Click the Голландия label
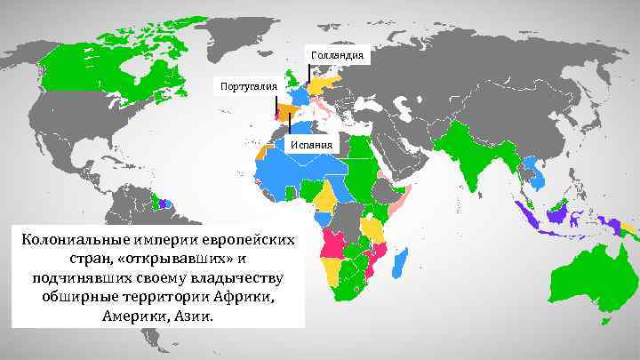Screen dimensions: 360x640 coord(336,55)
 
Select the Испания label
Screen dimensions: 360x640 coord(312,146)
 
